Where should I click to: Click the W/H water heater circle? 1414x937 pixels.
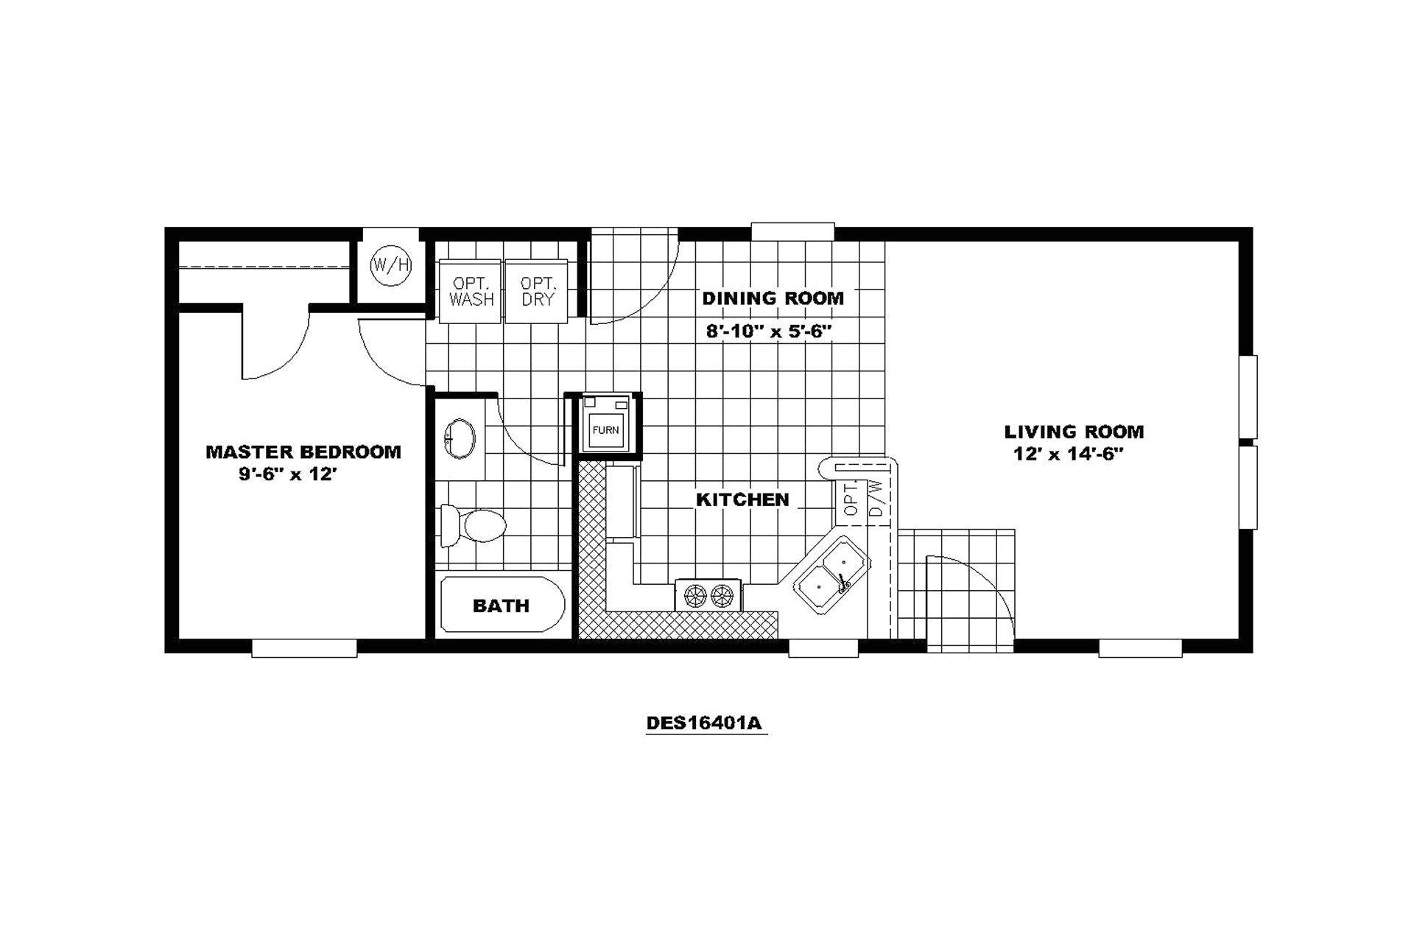390,264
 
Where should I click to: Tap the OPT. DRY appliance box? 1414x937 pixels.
538,291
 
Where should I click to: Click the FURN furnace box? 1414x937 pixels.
606,427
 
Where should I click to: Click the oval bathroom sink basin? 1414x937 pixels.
460,439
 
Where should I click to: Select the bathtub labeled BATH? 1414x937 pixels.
502,606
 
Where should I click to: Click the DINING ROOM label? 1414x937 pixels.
773,298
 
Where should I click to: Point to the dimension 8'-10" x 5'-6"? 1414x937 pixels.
768,331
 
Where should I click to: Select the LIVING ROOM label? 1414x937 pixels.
1074,432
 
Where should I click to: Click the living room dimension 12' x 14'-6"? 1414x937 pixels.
1068,455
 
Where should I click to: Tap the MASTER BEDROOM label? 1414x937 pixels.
303,452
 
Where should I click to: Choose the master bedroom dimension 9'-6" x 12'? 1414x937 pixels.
288,474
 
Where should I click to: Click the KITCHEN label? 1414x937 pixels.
742,499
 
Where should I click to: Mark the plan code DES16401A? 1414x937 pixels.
704,723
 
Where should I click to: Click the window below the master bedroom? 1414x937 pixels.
304,648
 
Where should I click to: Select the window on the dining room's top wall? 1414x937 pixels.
792,231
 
